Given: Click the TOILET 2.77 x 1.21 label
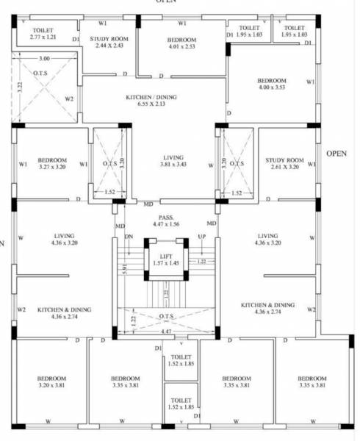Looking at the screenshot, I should coord(43,33).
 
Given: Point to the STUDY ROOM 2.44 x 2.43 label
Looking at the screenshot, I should coord(109,42).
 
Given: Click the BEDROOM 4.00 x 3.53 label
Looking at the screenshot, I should coord(271,84).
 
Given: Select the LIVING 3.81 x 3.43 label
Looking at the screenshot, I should coord(174,161).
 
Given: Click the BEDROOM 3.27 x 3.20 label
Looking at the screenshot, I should coord(53,163).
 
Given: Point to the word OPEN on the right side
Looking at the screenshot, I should coord(336,154).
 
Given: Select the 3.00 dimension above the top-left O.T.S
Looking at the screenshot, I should coord(44,58).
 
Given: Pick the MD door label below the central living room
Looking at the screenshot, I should coord(149,204).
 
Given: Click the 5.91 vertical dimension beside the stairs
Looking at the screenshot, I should coord(126,270).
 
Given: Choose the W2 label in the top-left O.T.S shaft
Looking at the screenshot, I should coord(69,98).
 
